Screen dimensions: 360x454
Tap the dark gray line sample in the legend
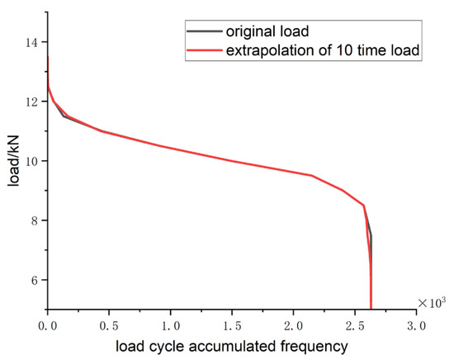coord(203,31)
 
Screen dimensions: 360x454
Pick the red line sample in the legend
coord(203,51)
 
